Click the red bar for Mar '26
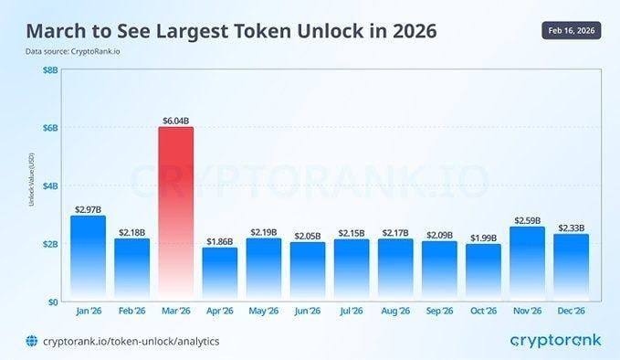point(175,214)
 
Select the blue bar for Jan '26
point(88,259)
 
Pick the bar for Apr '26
point(219,274)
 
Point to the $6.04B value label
point(175,119)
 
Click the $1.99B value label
point(482,238)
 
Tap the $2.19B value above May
point(263,231)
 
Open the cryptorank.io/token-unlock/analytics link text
point(131,341)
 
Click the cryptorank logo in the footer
point(556,341)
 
